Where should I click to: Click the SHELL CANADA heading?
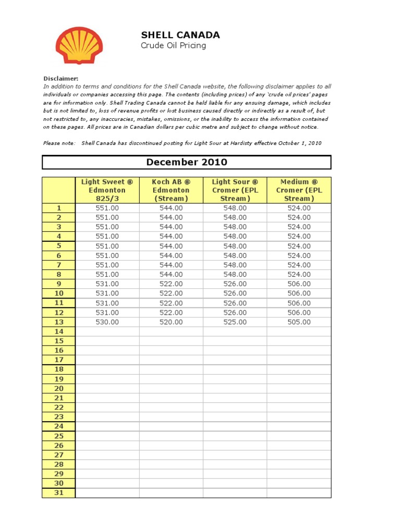(x=180, y=35)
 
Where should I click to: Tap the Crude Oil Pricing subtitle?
(x=173, y=46)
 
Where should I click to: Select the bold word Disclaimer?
(x=61, y=78)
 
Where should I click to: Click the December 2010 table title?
(x=186, y=162)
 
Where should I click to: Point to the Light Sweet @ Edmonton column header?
(x=107, y=190)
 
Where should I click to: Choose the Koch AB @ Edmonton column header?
(x=171, y=190)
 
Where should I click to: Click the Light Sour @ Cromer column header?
(x=234, y=190)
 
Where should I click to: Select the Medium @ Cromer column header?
(x=298, y=190)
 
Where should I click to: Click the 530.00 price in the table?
(x=107, y=322)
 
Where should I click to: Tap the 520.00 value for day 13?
(x=171, y=322)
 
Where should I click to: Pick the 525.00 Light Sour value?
(x=234, y=322)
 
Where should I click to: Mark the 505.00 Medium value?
(x=298, y=322)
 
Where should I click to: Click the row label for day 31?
(x=59, y=492)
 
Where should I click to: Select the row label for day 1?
(x=59, y=208)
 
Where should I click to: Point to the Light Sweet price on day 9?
(x=107, y=284)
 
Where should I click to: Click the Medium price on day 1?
(x=298, y=208)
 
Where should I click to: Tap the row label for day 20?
(x=59, y=388)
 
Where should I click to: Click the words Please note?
(x=59, y=143)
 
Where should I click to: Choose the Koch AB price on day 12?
(x=171, y=313)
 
